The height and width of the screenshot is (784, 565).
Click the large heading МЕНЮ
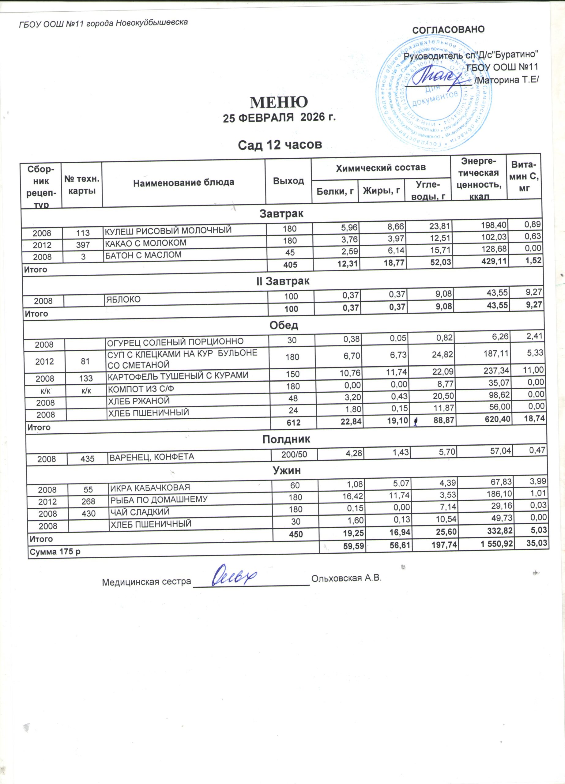[x=279, y=102]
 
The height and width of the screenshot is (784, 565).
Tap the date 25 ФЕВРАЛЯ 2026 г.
[x=279, y=118]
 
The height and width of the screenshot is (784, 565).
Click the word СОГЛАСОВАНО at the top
[x=448, y=29]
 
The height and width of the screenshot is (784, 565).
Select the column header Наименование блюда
[x=183, y=183]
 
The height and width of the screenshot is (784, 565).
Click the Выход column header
[x=288, y=181]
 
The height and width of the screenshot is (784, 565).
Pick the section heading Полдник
[x=286, y=439]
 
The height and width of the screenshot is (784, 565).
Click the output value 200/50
[x=294, y=454]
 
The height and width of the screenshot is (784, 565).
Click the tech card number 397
[x=83, y=245]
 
